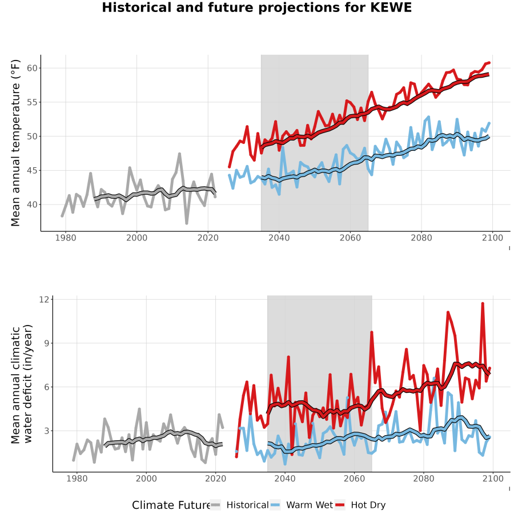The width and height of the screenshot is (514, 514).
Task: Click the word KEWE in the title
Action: pos(391,7)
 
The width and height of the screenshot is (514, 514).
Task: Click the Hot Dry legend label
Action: pos(368,505)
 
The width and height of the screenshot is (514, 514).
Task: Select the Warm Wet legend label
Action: pos(310,505)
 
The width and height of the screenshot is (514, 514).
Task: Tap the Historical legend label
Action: pos(247,505)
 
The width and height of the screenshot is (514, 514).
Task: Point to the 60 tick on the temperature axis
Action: pos(32,68)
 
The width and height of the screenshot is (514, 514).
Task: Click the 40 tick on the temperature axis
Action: pos(32,204)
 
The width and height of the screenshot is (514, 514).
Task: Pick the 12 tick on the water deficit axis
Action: pos(44,299)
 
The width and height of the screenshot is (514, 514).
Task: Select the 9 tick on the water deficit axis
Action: pos(46,343)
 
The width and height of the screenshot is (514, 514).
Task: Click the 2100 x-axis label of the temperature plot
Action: pos(492,238)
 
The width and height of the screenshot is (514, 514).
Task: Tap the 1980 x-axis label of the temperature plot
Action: pos(66,238)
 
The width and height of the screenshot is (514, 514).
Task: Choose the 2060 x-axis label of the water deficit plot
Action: pos(354,479)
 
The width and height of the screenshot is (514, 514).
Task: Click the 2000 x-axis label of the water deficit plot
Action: pos(146,479)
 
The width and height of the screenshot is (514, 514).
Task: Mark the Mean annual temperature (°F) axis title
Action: pos(15,143)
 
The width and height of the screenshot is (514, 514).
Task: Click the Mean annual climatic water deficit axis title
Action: pos(21,384)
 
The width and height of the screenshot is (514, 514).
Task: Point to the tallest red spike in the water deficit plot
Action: pos(483,304)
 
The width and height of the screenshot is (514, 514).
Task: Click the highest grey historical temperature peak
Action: pos(180,154)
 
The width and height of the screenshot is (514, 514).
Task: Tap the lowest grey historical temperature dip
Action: pos(187,223)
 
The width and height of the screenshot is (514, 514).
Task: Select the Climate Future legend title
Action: pos(171,505)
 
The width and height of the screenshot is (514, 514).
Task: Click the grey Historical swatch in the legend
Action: pos(215,505)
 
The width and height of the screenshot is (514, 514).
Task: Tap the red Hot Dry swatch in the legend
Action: pos(340,505)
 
